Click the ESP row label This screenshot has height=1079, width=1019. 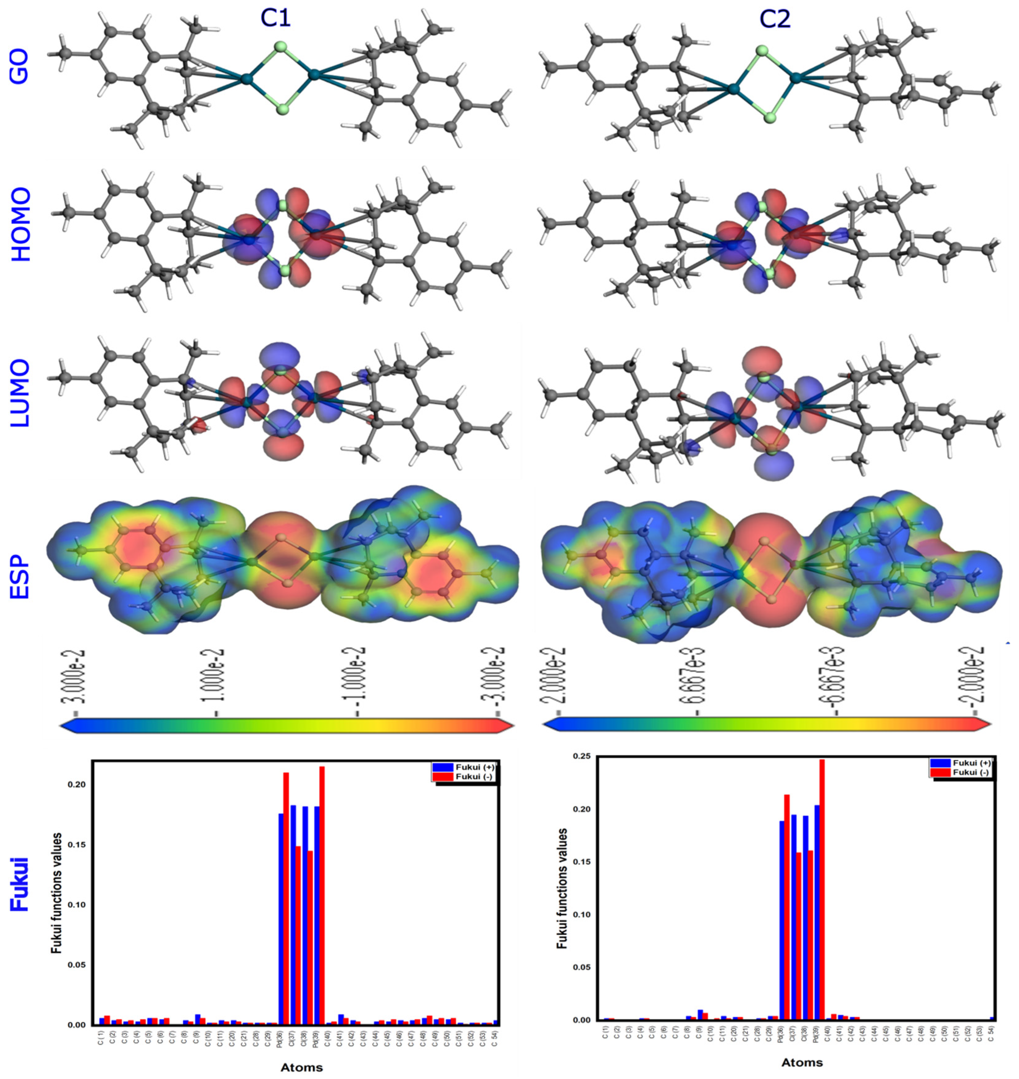(19, 565)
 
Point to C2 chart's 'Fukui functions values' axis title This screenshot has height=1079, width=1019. (563, 889)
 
